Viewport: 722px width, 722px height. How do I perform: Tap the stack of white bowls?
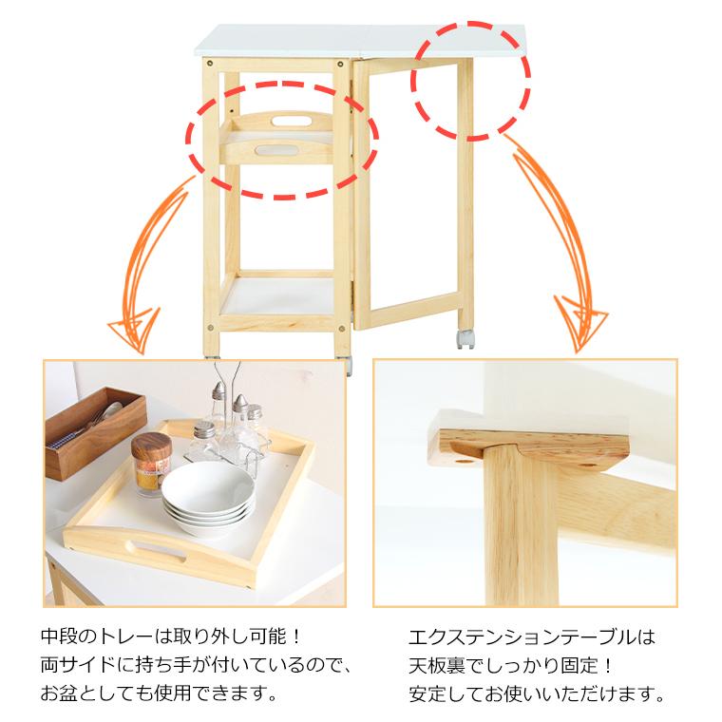(x=208, y=499)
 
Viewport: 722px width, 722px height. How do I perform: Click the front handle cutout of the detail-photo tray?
(x=156, y=551)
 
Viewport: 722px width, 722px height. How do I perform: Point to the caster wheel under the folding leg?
(x=465, y=339)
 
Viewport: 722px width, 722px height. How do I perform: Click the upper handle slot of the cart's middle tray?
(x=291, y=121)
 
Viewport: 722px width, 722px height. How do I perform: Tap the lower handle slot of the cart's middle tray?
(x=275, y=150)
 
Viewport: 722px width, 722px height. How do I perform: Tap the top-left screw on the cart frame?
(x=210, y=63)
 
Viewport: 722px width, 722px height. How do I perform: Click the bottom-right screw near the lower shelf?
(x=341, y=329)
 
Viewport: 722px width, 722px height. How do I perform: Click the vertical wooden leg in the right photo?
(x=521, y=525)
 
